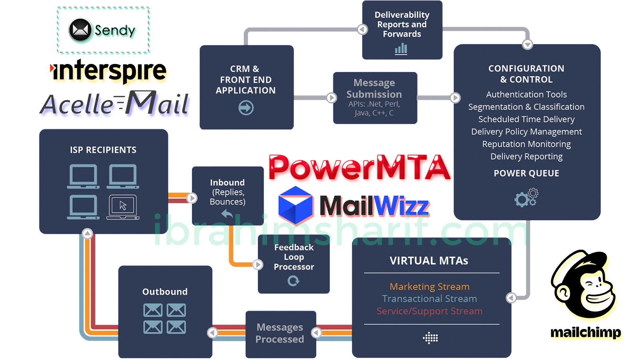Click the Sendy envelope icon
pos(80,30)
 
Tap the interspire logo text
pos(109,71)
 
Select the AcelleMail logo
pos(114,103)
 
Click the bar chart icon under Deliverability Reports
pos(401,49)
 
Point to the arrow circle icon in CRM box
pos(246,108)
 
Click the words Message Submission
pos(374,88)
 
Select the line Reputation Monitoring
pos(526,144)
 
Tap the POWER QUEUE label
pos(526,173)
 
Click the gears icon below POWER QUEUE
pos(526,198)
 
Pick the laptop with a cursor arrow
pos(123,206)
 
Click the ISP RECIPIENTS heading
pos(103,150)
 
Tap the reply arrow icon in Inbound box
pos(227,214)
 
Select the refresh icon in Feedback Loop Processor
pos(293,281)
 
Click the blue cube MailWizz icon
pos(296,205)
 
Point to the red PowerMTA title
pos(359,167)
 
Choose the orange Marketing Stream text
pos(429,286)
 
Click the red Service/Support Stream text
pos(429,311)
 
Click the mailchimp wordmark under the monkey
pos(586,332)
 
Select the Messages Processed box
pos(280,334)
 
